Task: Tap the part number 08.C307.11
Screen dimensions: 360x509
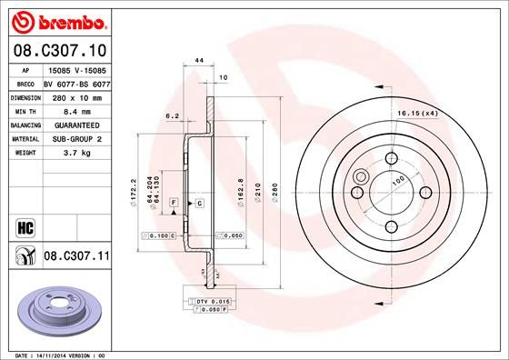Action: click(75, 257)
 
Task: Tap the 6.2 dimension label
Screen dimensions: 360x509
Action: click(172, 115)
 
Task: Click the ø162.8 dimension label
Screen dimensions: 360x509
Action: click(239, 193)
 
